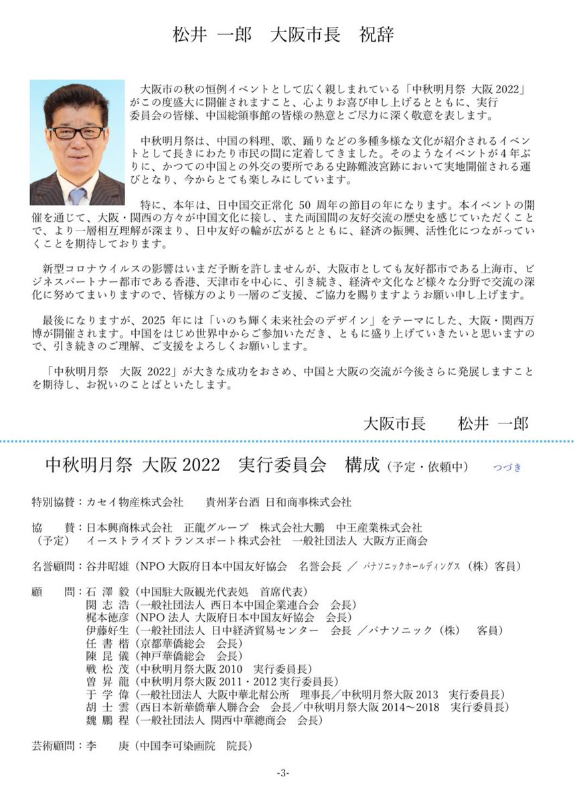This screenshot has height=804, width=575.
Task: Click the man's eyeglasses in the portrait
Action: [x=78, y=132]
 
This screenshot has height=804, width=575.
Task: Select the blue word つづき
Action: [x=507, y=468]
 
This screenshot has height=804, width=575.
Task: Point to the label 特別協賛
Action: [x=55, y=502]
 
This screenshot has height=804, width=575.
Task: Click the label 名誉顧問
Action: [x=55, y=566]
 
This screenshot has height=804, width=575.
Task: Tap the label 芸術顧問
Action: [x=55, y=744]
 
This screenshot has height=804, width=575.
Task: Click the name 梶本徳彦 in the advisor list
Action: [x=107, y=616]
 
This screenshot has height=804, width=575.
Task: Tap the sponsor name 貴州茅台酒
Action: [x=230, y=502]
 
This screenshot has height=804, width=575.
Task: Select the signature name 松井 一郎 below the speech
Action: [x=493, y=423]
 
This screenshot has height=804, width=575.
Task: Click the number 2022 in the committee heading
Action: [x=199, y=465]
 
